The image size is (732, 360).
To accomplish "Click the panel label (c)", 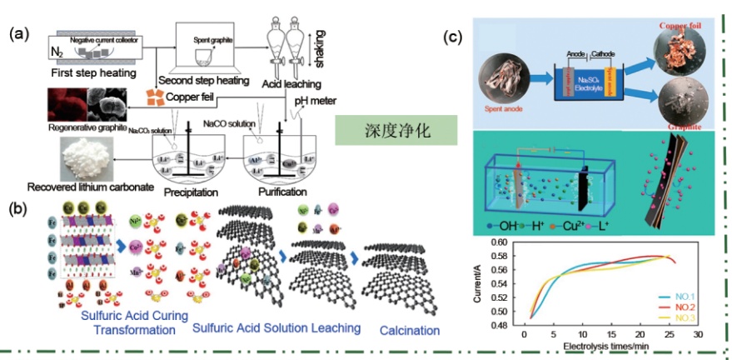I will pyautogui.click(x=453, y=36).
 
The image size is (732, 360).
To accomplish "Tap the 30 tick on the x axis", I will pyautogui.click(x=697, y=333).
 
